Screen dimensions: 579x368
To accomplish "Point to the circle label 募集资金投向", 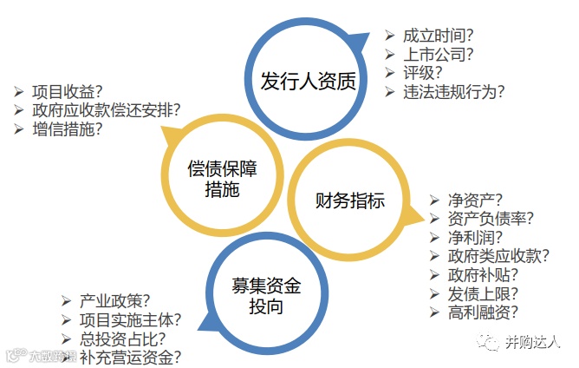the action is click(x=267, y=296).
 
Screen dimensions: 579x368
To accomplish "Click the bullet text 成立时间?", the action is click(x=443, y=36).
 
